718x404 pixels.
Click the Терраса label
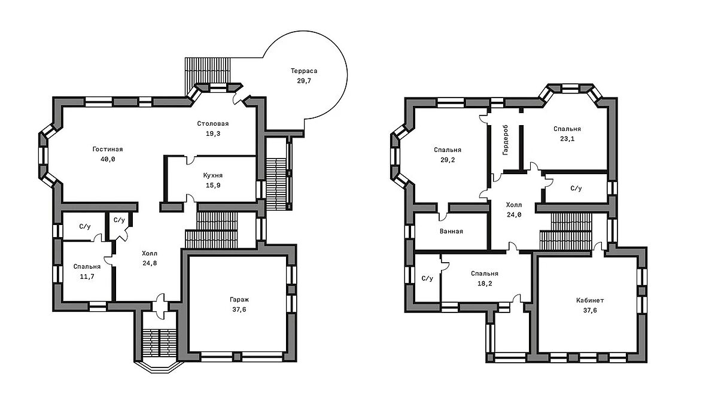click(304, 71)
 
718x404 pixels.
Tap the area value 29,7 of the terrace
click(304, 81)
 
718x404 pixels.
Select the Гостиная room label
click(108, 149)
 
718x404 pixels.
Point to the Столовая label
click(213, 123)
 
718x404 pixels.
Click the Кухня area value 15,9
click(213, 186)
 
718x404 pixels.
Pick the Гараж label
click(239, 300)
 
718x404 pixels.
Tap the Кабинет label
click(590, 300)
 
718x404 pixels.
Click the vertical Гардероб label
click(506, 140)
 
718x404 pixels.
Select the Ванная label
click(451, 231)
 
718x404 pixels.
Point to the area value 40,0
click(108, 159)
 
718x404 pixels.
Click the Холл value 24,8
click(150, 263)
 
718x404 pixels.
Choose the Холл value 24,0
click(514, 215)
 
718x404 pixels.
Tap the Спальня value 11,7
click(87, 277)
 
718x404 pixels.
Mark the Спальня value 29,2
click(448, 160)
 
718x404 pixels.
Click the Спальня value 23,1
click(567, 139)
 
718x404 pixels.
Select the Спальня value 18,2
click(485, 284)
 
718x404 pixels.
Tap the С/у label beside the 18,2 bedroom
click(427, 278)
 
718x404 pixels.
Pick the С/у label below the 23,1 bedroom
click(576, 188)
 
